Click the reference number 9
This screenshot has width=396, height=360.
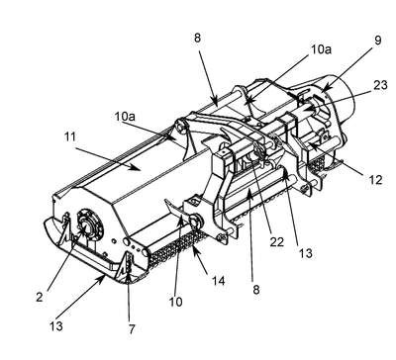point(378,40)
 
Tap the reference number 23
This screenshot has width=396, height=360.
point(380,85)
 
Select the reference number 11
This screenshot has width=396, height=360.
point(69,136)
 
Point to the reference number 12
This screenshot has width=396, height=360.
point(375,180)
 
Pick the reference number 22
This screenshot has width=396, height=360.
point(276,242)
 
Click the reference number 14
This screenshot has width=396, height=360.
point(218,280)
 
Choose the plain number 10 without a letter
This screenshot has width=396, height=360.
point(175,302)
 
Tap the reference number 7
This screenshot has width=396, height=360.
point(132,328)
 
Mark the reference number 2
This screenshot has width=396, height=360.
point(40,297)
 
